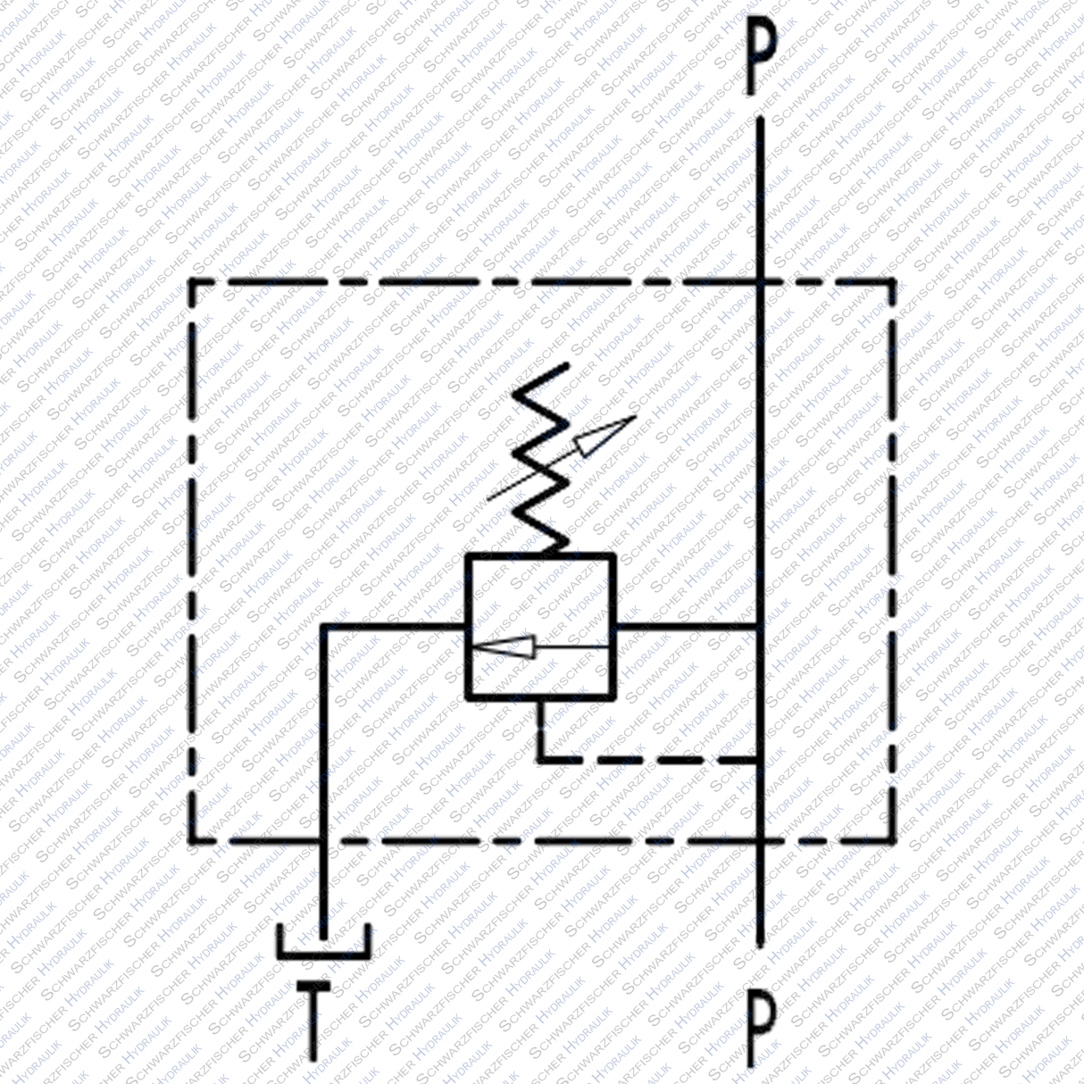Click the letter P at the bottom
tap(760, 1026)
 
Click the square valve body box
tap(540, 625)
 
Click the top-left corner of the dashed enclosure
tap(191, 282)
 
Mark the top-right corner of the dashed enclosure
tap(893, 282)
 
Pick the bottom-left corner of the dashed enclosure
tap(191, 840)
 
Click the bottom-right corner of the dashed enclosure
tap(893, 840)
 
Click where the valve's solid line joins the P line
tap(759, 625)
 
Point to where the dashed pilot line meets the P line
tap(759, 761)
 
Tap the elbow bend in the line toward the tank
tap(323, 626)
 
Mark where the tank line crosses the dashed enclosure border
tap(323, 840)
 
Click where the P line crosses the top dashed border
tap(759, 282)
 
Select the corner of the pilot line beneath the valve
tap(539, 761)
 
